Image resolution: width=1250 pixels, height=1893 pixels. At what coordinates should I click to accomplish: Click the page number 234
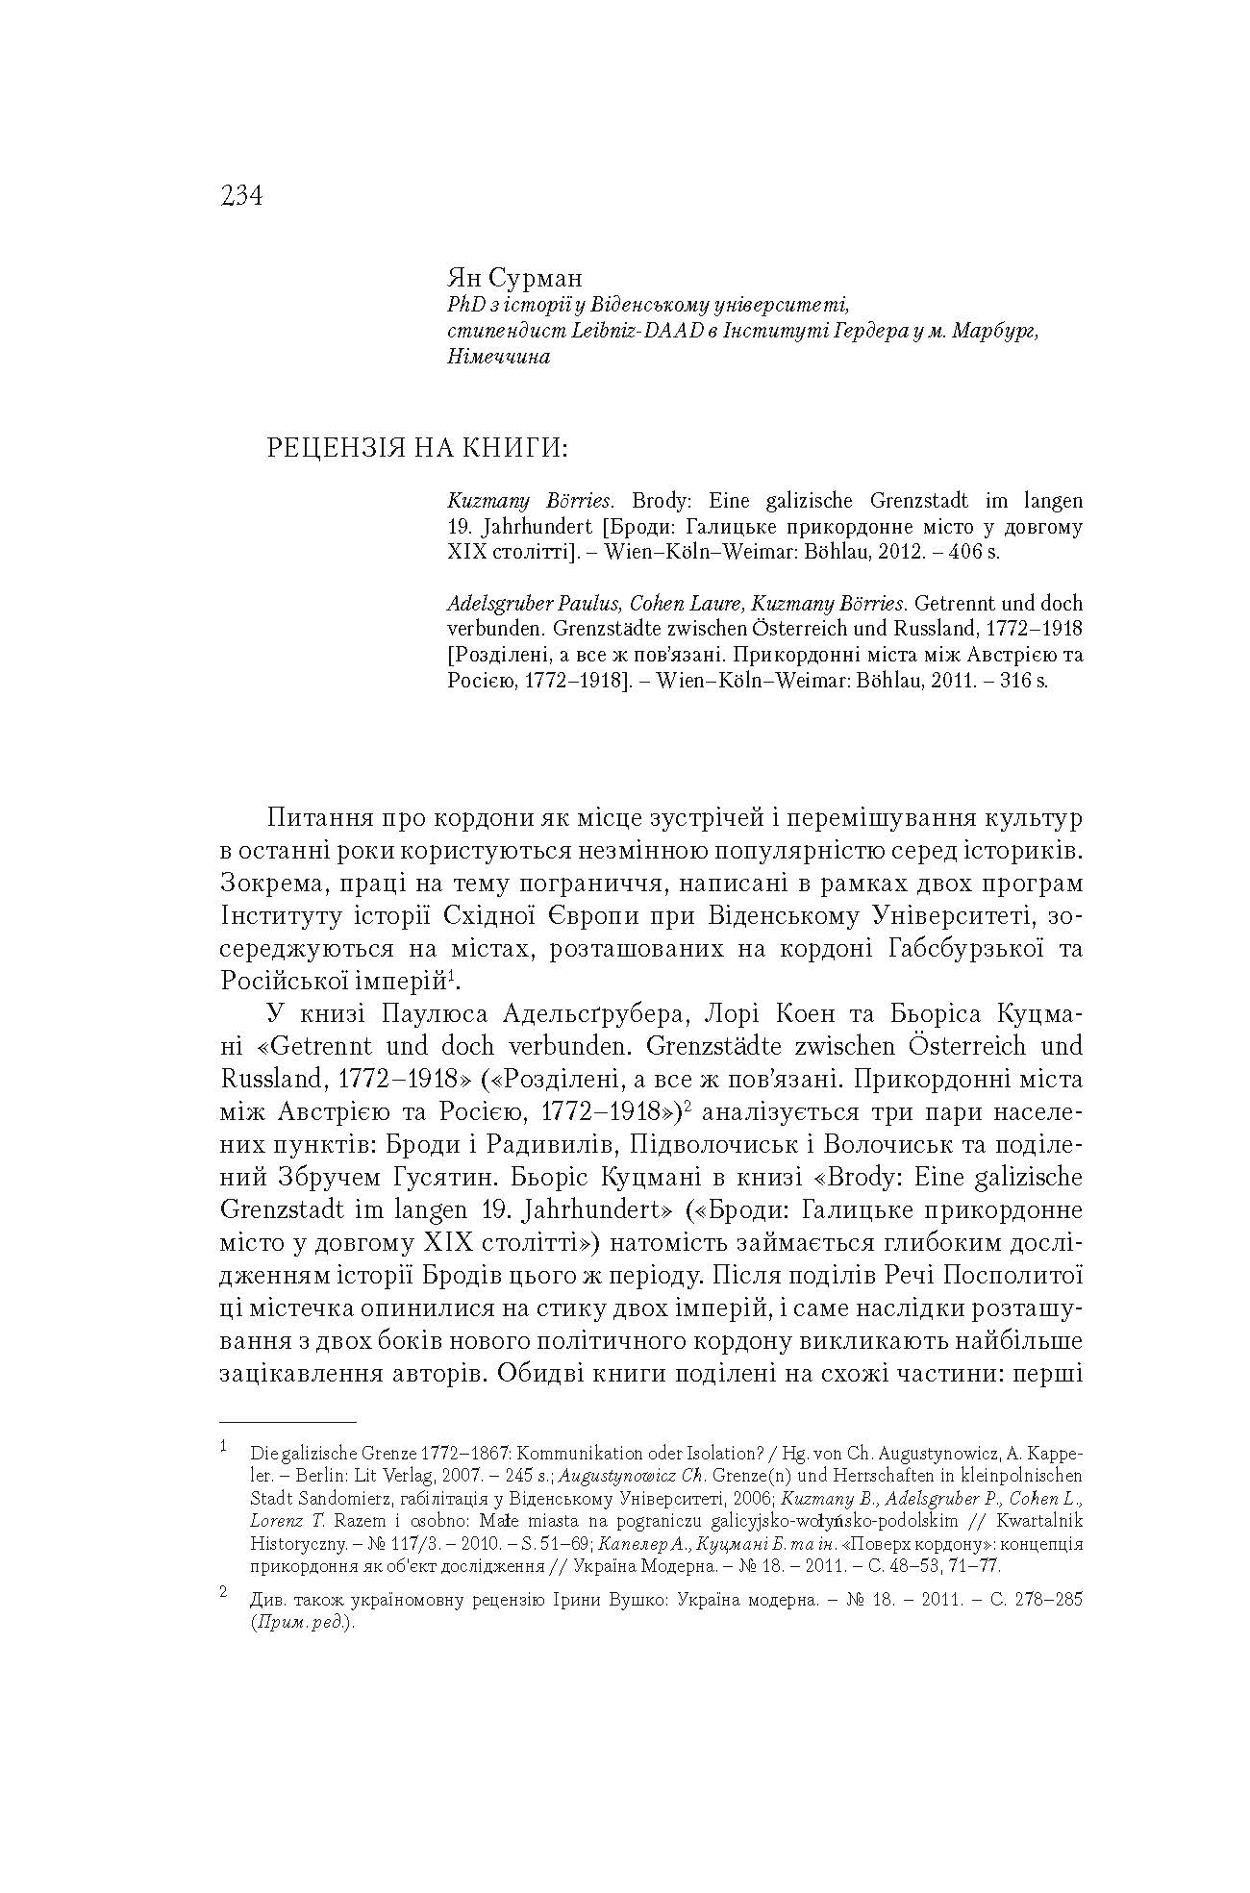(x=240, y=196)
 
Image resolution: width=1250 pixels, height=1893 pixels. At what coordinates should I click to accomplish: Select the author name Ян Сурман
(x=514, y=279)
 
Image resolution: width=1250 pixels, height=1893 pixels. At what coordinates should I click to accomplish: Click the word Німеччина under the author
(x=498, y=357)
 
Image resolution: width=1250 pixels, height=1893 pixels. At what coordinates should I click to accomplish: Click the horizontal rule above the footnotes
(x=287, y=1421)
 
